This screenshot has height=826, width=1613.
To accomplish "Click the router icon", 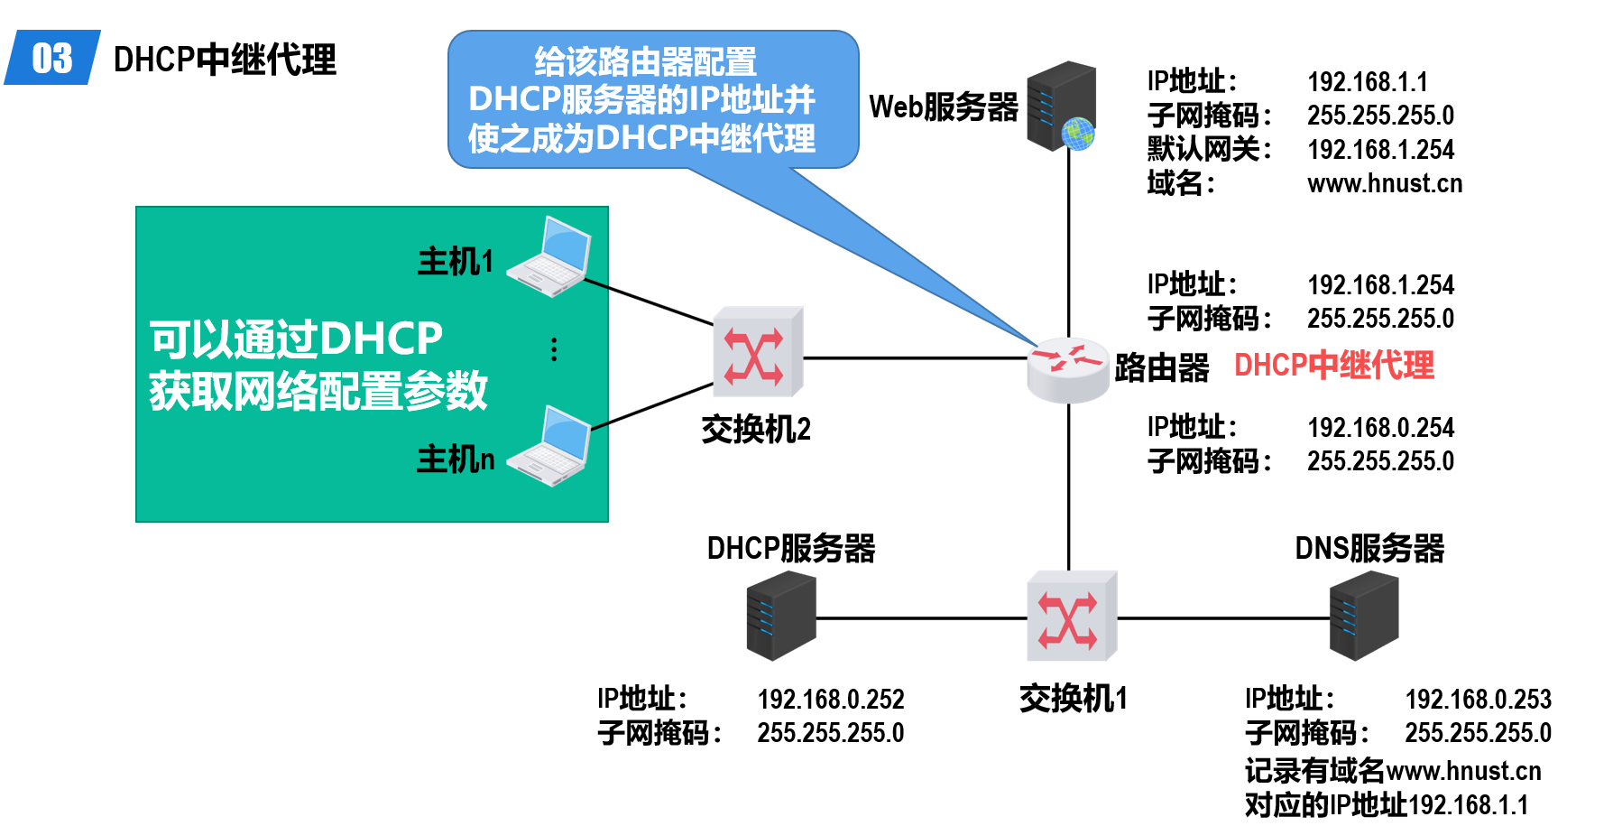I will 1068,367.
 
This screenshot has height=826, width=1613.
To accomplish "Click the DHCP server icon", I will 780,616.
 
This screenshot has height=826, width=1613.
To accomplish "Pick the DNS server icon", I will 1363,616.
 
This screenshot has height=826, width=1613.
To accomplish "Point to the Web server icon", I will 1061,106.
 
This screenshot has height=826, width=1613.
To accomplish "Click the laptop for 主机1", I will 551,258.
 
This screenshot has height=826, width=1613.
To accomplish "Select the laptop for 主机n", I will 551,448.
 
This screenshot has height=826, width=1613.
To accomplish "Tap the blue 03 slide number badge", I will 52,59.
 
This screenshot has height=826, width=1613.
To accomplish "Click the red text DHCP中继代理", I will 1333,366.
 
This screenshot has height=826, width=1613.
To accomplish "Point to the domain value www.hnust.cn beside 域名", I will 1384,183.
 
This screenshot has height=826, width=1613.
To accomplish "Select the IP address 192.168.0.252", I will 830,699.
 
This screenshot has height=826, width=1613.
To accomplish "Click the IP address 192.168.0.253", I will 1478,699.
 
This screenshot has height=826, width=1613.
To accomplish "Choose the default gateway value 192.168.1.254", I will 1380,149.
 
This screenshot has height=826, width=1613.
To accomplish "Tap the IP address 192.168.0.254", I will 1380,427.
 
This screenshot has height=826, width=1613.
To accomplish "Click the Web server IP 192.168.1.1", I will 1368,82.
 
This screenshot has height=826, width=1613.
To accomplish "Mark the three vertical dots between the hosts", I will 554,349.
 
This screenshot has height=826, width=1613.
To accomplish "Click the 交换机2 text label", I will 756,430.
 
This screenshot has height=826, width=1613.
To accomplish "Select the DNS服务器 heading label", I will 1369,548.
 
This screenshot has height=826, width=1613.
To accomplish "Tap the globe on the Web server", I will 1078,134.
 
